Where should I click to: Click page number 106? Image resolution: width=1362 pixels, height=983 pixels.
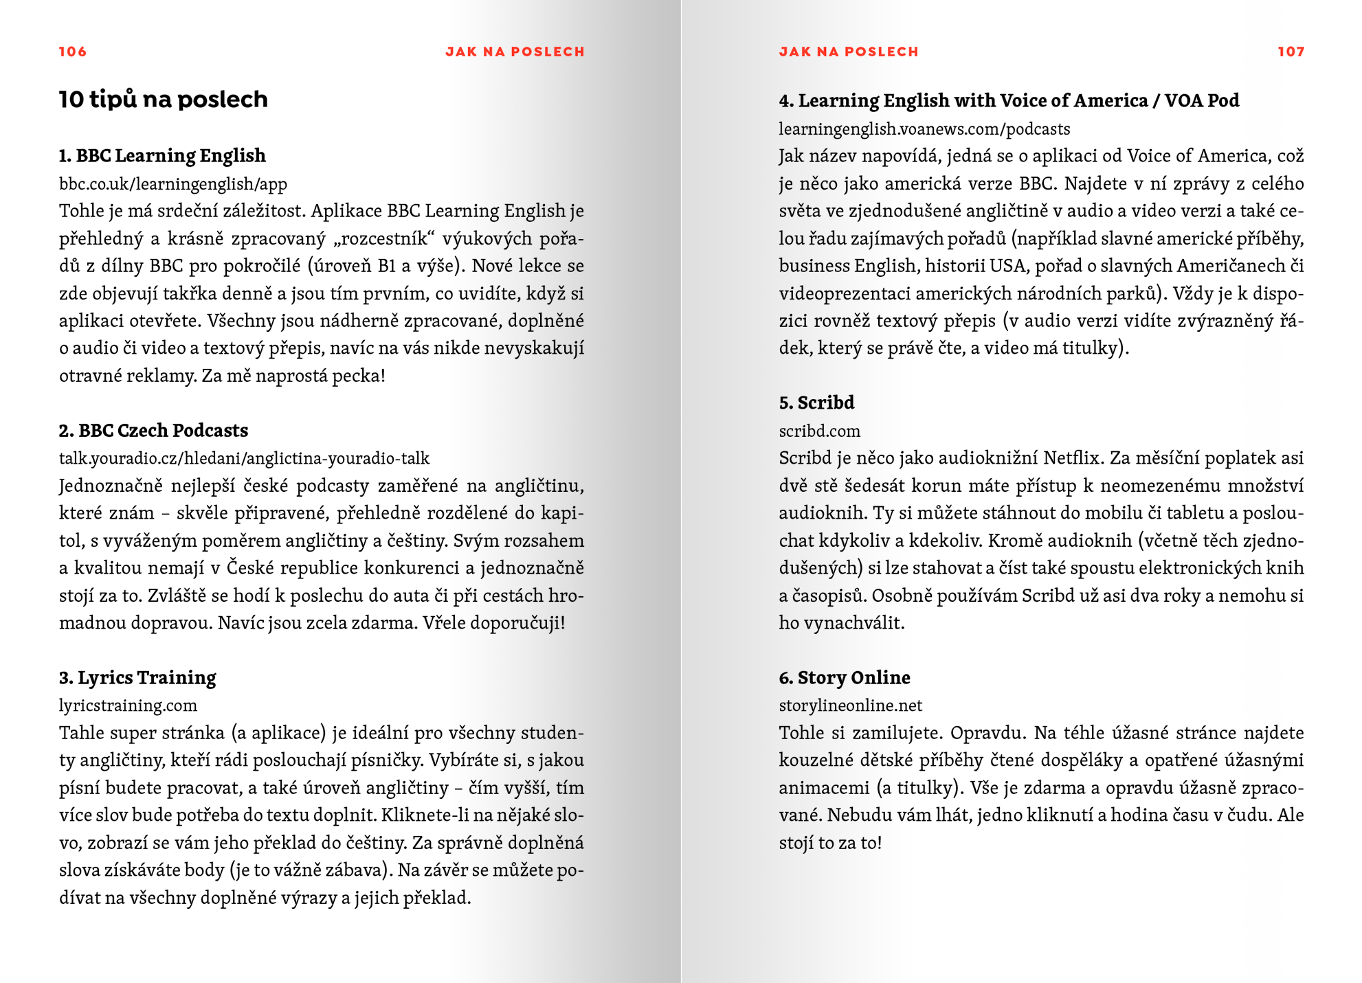[73, 52]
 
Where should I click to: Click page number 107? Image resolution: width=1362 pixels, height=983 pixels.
[1291, 52]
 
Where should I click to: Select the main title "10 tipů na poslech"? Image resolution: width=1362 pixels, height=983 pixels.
[163, 100]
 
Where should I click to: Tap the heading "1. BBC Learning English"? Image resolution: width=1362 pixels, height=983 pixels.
[162, 156]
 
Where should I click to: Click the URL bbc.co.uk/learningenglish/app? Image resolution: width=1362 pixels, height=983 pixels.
[173, 184]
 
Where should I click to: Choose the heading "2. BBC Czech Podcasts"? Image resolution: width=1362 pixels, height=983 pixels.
[153, 431]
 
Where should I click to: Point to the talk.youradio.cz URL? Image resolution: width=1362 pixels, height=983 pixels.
[244, 458]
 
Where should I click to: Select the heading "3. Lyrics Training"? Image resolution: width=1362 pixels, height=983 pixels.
[137, 678]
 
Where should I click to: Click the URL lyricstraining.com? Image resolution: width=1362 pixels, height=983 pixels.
[128, 705]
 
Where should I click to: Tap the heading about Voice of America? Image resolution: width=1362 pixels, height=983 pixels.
[1009, 101]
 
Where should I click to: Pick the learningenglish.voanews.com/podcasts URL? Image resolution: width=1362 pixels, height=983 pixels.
[924, 129]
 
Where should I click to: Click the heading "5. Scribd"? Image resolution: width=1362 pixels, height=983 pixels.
[816, 403]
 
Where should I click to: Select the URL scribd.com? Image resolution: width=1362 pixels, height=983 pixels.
[819, 431]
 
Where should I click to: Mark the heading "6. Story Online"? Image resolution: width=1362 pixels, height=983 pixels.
[845, 678]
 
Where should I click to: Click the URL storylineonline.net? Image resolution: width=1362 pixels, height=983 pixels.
[850, 705]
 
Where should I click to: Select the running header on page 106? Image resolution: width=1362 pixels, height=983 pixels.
[515, 52]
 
